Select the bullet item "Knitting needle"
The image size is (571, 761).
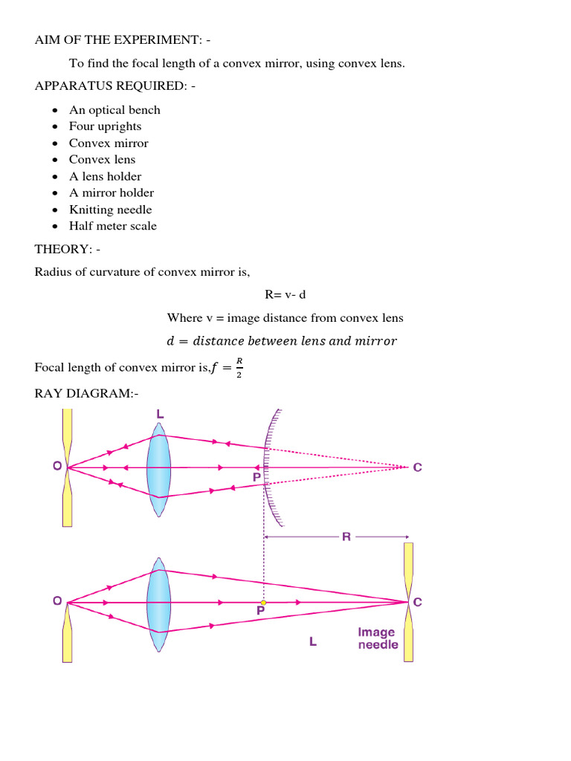pos(110,210)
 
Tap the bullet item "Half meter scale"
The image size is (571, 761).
pos(113,226)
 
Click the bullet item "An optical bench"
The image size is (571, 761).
pos(114,110)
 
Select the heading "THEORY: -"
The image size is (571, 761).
pos(72,248)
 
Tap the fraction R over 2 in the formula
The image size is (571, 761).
pos(239,368)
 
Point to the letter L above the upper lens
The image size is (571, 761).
pos(160,413)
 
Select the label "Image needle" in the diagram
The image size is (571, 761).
pos(378,638)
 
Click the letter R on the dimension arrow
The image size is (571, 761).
pos(346,537)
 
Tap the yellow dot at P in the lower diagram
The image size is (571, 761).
pos(263,603)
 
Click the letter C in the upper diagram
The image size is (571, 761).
pos(417,467)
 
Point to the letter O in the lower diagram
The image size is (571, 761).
pos(57,603)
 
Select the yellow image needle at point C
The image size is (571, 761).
pos(408,602)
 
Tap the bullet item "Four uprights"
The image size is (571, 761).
pos(105,126)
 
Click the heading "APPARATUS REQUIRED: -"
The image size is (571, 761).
pos(115,86)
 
